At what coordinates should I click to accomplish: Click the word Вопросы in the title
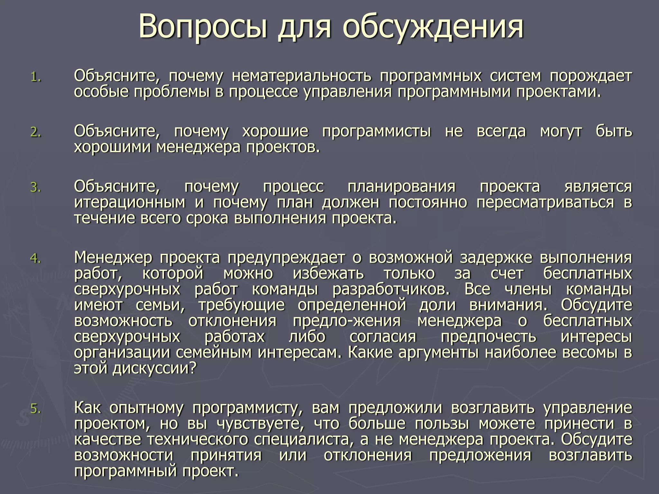click(x=203, y=26)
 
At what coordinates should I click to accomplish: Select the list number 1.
click(x=36, y=77)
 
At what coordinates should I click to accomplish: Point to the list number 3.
click(x=36, y=187)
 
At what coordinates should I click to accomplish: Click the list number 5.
click(x=36, y=408)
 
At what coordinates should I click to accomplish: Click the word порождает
click(x=591, y=76)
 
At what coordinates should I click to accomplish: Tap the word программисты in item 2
click(x=376, y=131)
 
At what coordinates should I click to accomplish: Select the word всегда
click(x=501, y=131)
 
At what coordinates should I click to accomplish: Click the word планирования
click(x=401, y=187)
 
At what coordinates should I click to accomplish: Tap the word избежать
click(x=328, y=273)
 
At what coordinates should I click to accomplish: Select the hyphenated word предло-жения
click(x=347, y=321)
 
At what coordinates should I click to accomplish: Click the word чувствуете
click(x=260, y=424)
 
